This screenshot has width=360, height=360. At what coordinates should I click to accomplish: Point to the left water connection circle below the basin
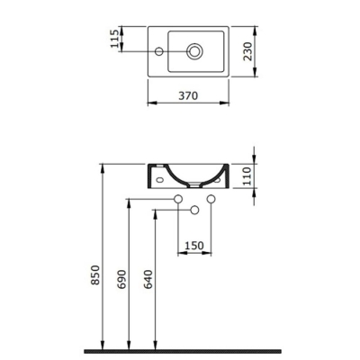177,198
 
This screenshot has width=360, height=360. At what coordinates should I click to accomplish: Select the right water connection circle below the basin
211,198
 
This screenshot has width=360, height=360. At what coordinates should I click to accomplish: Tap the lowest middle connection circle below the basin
193,210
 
